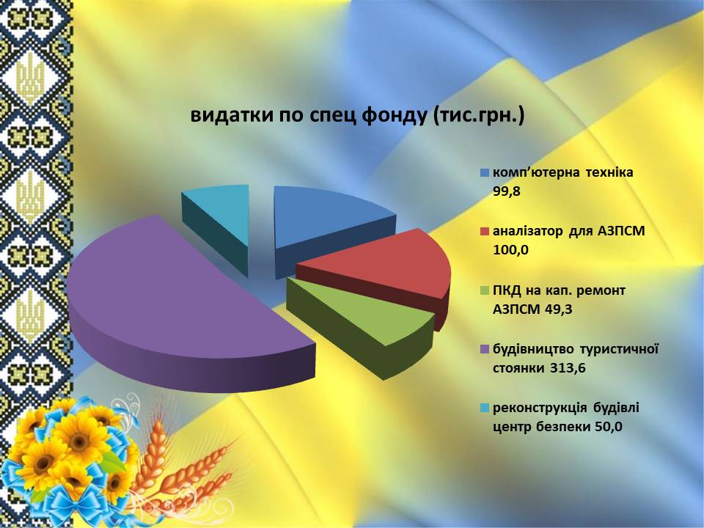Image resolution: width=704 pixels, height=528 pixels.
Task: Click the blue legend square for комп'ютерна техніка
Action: click(x=485, y=172)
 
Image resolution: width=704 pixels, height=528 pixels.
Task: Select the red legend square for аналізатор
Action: click(x=485, y=231)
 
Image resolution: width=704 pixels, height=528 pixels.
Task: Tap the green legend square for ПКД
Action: click(x=485, y=290)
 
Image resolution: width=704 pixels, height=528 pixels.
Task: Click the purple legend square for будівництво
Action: click(x=485, y=349)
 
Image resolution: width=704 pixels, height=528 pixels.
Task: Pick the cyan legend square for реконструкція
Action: click(x=485, y=408)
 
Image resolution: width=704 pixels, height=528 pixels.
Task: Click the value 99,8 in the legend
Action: click(x=507, y=191)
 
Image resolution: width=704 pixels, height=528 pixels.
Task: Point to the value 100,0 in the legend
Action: click(x=511, y=251)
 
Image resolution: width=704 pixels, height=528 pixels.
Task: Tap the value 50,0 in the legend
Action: click(x=609, y=427)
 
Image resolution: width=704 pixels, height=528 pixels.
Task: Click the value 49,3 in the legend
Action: click(x=559, y=309)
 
